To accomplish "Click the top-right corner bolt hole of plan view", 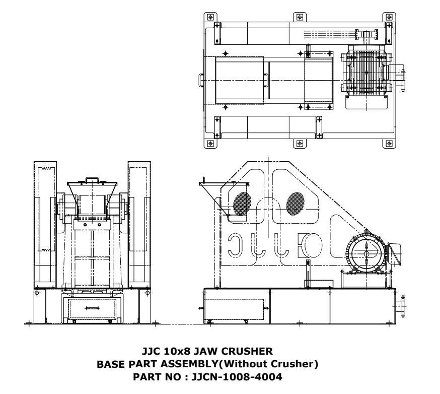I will [x=388, y=15].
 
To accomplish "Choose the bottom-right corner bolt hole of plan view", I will [x=388, y=143].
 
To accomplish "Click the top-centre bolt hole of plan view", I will [x=299, y=15].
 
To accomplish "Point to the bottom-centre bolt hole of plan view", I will [x=299, y=143].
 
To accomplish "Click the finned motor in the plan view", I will [x=366, y=79].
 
